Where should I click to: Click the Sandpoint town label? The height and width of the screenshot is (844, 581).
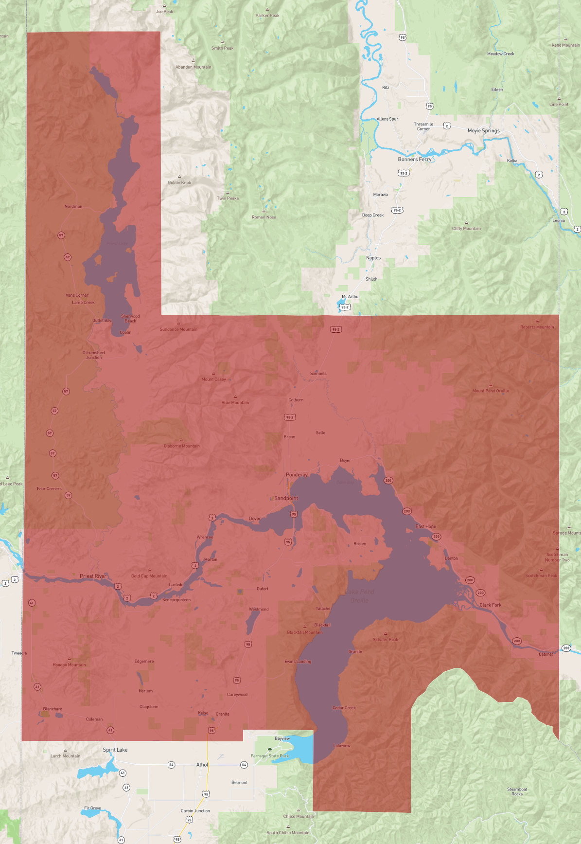[x=286, y=498]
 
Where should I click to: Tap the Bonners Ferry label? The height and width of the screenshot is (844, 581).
[x=415, y=159]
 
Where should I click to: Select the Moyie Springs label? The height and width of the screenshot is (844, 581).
[x=483, y=130]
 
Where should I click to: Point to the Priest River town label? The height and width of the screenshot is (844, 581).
[x=93, y=576]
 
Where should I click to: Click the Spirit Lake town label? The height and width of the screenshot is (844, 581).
[x=115, y=750]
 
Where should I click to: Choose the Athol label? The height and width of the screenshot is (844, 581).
[x=202, y=765]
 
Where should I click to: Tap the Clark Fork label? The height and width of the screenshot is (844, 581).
[x=490, y=605]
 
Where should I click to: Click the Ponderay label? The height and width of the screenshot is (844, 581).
[x=297, y=475]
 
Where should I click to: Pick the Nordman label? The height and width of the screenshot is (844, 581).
[x=73, y=206]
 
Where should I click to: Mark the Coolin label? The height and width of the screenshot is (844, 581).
[x=125, y=332]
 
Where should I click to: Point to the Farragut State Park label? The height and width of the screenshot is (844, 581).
[x=270, y=756]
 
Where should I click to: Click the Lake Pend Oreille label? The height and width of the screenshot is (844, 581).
[x=360, y=596]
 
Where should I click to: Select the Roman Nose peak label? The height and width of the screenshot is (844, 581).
[x=264, y=217]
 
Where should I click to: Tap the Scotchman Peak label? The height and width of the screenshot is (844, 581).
[x=541, y=575]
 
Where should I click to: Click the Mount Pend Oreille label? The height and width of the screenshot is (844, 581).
[x=491, y=391]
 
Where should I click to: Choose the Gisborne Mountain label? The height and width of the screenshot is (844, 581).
[x=182, y=446]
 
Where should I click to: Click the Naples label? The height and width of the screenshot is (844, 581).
[x=373, y=258]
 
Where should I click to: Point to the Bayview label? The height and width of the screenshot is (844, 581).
[x=282, y=738]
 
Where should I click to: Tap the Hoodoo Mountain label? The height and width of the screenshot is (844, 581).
[x=69, y=664]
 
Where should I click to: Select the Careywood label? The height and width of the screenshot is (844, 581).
[x=237, y=695]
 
